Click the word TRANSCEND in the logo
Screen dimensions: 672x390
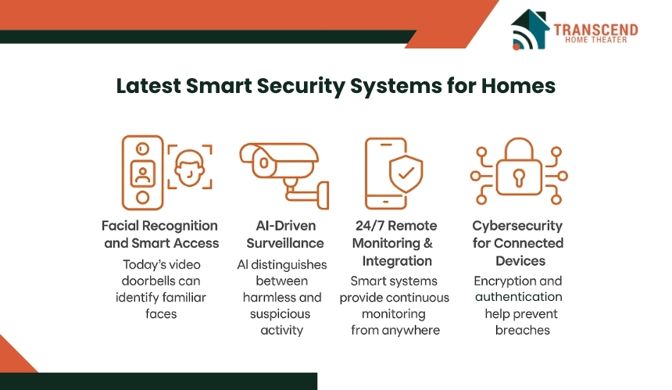tap(595, 30)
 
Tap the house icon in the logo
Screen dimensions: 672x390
tap(530, 29)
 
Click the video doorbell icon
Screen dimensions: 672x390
tap(143, 173)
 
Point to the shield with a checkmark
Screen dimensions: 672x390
tap(406, 174)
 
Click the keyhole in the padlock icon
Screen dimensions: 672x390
tap(519, 177)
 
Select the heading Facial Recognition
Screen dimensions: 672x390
tap(159, 226)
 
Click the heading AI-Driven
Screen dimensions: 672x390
tap(285, 225)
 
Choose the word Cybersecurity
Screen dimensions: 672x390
tap(517, 226)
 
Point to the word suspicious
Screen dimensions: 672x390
tap(280, 314)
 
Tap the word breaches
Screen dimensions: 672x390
tap(523, 330)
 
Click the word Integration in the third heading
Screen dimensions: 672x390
tap(397, 261)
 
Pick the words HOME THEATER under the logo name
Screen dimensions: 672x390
tap(595, 40)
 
